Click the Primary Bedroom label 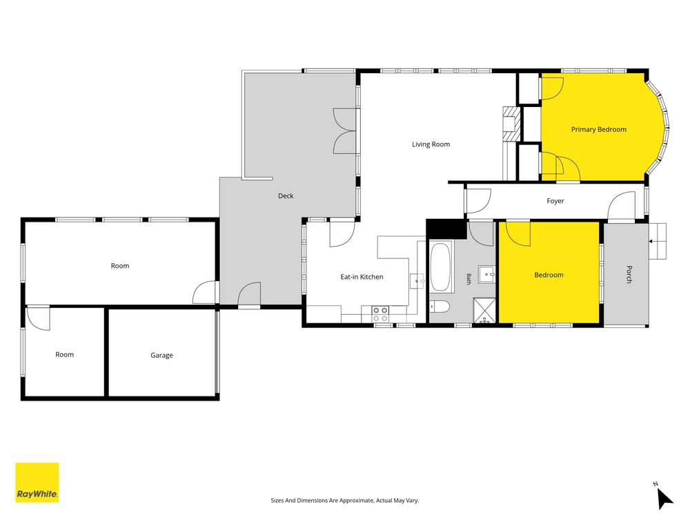click(598, 130)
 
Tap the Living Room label click(431, 144)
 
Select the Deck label click(286, 196)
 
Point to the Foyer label click(555, 201)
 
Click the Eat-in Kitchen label click(362, 277)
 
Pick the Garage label click(161, 356)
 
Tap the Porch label click(629, 274)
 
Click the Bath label click(469, 279)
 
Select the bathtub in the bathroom click(440, 267)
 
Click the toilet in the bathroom click(439, 307)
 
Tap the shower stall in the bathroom click(484, 311)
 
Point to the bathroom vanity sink click(487, 274)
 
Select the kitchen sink click(417, 281)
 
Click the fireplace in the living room click(511, 124)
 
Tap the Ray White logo click(37, 482)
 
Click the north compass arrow click(665, 499)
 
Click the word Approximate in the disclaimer click(351, 500)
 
